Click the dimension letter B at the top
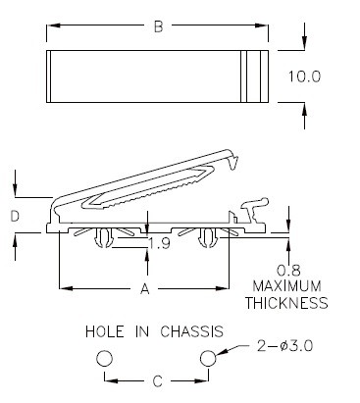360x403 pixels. pos(158,26)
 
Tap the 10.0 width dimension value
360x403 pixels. pos(304,76)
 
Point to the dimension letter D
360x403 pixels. pos(15,217)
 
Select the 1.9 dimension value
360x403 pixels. pos(159,243)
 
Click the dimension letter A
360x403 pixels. pos(145,289)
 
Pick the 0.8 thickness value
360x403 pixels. pos(288,271)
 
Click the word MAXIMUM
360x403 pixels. pos(287,286)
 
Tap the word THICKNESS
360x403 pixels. pos(286,303)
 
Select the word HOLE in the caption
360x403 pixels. pos(105,331)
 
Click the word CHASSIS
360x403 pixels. pos(192,331)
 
